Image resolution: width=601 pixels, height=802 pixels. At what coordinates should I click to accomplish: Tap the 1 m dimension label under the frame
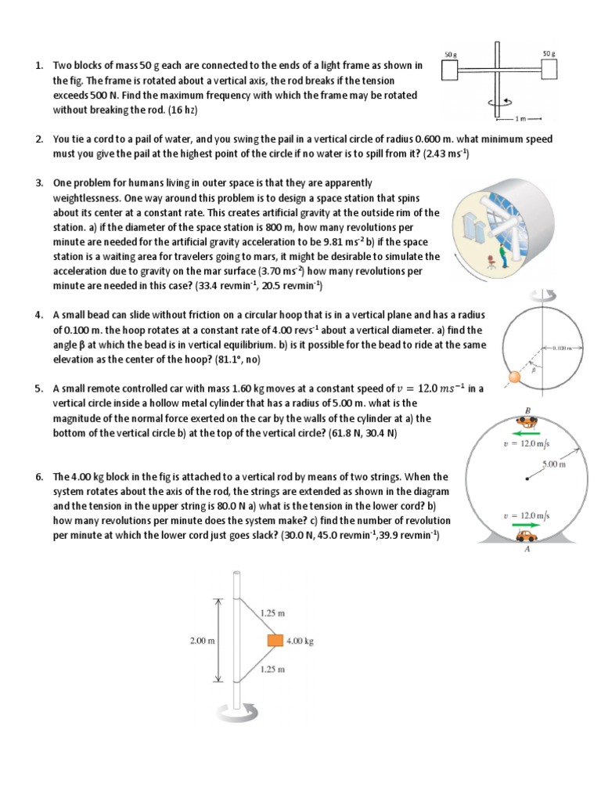(x=521, y=118)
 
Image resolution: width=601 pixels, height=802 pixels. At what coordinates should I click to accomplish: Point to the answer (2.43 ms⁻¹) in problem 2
(x=441, y=154)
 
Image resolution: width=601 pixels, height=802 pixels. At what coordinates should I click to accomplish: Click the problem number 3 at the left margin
(x=38, y=183)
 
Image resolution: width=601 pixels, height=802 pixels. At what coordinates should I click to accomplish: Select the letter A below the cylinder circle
(x=527, y=550)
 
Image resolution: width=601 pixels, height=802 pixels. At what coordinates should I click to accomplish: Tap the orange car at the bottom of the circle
(x=527, y=536)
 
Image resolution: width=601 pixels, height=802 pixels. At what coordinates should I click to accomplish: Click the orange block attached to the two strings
(x=275, y=640)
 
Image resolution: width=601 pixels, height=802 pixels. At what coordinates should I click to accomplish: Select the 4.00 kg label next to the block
(x=301, y=640)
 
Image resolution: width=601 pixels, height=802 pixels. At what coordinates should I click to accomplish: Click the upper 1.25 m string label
(x=271, y=613)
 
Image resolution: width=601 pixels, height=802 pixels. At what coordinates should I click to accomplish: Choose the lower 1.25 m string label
(x=271, y=670)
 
